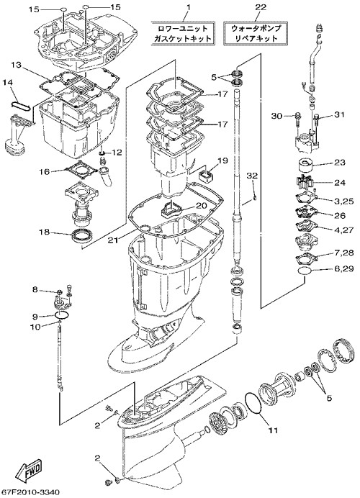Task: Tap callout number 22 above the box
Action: pyautogui.click(x=261, y=7)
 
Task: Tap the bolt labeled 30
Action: pyautogui.click(x=298, y=117)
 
